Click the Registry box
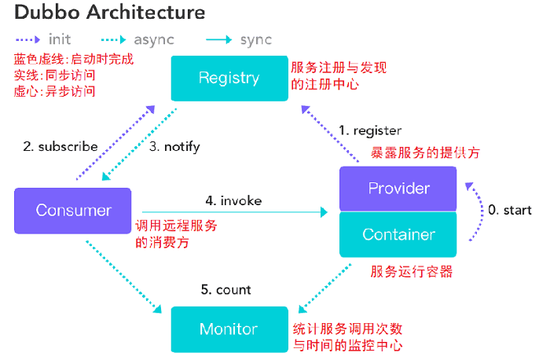click(x=229, y=78)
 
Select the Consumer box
click(x=74, y=211)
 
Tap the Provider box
click(x=398, y=189)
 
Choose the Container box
click(x=398, y=234)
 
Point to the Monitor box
click(x=229, y=329)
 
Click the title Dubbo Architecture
click(x=110, y=13)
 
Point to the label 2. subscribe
click(x=60, y=146)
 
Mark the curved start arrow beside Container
click(x=477, y=212)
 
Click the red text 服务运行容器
click(x=411, y=272)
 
